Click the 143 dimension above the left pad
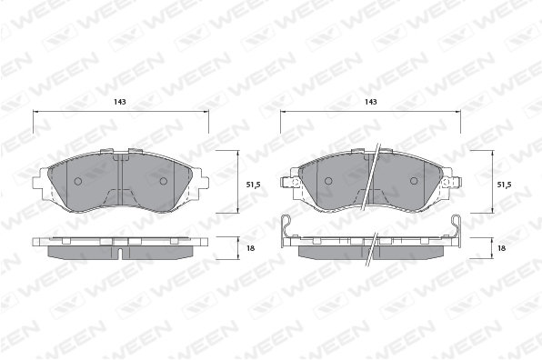tap(120, 102)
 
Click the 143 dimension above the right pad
tap(370, 102)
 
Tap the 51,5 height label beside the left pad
tap(253, 185)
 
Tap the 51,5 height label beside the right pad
tap(504, 185)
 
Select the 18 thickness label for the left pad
tap(251, 248)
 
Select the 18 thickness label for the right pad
tap(502, 248)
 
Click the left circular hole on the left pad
tap(78, 181)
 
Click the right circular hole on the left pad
tap(163, 181)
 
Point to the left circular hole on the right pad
tap(328, 181)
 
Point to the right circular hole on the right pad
tap(414, 181)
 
